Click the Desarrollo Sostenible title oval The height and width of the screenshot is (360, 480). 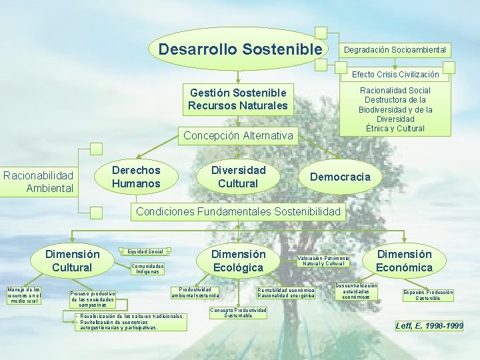pos(240,49)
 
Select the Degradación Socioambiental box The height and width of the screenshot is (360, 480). pos(395,50)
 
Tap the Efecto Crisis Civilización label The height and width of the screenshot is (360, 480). pos(395,74)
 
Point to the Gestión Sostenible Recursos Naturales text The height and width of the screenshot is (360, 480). pos(238,99)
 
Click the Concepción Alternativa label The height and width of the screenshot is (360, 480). pos(238,136)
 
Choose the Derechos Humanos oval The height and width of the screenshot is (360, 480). pos(136,177)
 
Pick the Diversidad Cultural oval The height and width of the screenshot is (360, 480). pos(238,177)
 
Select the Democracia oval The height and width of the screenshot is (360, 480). pos(340,177)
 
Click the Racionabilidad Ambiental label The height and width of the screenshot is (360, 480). pos(39,181)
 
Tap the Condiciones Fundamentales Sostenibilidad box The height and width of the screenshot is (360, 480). pos(240,212)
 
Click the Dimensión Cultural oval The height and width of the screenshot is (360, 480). pos(72,261)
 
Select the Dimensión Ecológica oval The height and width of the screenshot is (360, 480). pos(238,261)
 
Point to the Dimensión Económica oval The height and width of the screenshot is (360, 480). pos(404,261)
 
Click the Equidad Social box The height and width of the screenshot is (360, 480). pos(145,252)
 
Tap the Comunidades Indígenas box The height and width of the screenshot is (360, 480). pos(149,269)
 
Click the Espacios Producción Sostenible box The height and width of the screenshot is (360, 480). pos(427,295)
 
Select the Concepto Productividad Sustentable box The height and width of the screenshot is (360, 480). pos(238,313)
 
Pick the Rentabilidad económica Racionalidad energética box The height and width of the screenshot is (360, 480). pos(286,293)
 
